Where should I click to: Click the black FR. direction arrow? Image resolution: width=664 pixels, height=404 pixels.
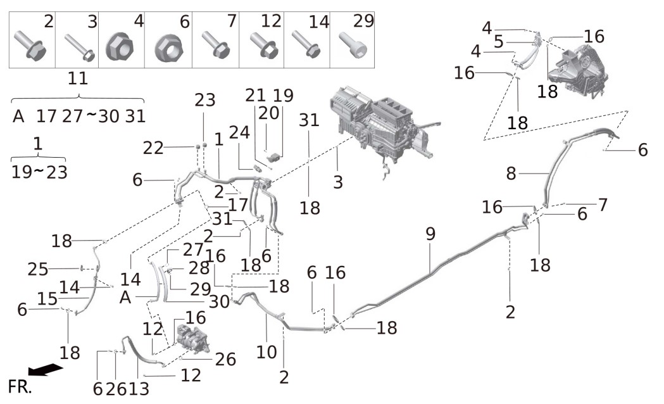(x=45, y=369)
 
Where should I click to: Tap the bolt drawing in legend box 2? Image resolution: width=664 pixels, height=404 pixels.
(x=30, y=44)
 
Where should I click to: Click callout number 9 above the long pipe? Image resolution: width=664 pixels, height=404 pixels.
(x=430, y=234)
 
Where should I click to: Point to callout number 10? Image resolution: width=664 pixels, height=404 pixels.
(x=266, y=352)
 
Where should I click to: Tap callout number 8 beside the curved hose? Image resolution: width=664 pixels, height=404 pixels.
(x=511, y=174)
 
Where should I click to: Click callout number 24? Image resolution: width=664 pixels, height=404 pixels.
(x=239, y=132)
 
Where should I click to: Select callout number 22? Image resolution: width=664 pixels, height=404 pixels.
(x=153, y=148)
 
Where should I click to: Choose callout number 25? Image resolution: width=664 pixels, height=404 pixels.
(x=38, y=269)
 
